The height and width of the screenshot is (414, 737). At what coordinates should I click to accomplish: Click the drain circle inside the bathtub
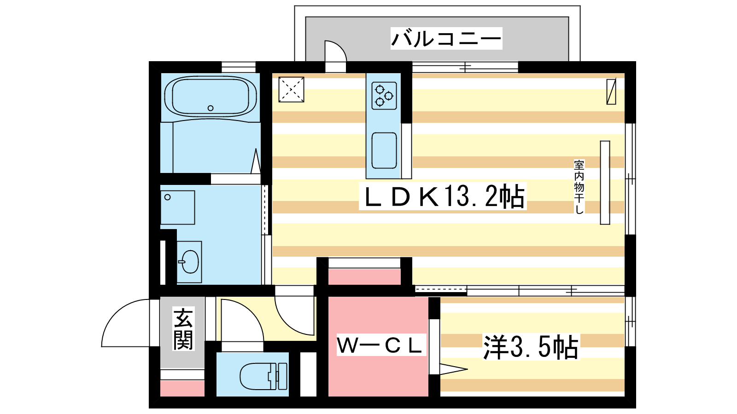[211, 108]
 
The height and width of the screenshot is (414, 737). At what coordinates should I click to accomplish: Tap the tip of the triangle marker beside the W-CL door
[468, 369]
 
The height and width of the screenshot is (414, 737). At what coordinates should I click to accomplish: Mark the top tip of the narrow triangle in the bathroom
[256, 149]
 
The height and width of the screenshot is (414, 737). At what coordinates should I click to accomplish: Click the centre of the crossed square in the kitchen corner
[291, 89]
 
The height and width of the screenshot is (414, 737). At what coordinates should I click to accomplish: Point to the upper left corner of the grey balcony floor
[306, 17]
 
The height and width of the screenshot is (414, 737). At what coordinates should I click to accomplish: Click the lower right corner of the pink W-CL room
[428, 396]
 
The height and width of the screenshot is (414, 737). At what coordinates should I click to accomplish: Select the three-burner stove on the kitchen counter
[384, 96]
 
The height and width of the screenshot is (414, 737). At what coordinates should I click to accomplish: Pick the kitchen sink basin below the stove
[384, 150]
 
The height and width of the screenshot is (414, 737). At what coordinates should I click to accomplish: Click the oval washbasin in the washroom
[190, 262]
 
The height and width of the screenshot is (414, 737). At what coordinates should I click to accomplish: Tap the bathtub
[211, 97]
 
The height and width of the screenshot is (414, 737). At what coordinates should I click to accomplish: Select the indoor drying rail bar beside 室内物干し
[605, 183]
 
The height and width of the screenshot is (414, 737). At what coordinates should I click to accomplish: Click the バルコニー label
[446, 39]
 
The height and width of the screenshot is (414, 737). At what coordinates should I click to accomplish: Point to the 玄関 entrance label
[183, 328]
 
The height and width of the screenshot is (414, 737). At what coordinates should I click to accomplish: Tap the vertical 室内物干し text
[579, 187]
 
